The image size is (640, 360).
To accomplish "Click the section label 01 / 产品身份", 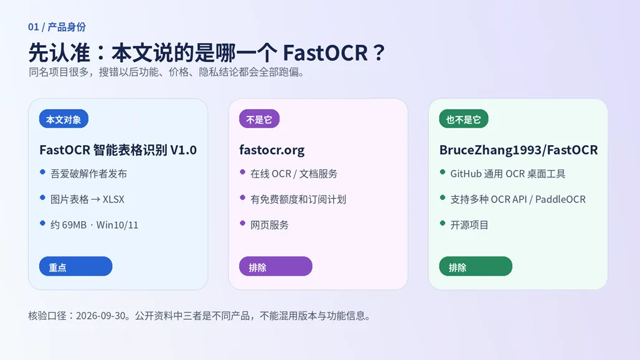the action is pyautogui.click(x=57, y=27).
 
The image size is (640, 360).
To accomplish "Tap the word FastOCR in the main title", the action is pyautogui.click(x=326, y=53).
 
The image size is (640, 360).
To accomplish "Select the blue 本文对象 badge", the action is pyautogui.click(x=64, y=119).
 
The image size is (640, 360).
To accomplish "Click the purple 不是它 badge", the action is pyautogui.click(x=259, y=119).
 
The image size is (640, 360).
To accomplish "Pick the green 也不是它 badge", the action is pyautogui.click(x=464, y=119).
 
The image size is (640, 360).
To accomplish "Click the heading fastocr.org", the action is pyautogui.click(x=272, y=150).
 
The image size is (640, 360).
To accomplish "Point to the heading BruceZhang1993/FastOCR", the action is pyautogui.click(x=519, y=150).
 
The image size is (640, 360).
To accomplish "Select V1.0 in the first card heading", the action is pyautogui.click(x=183, y=150).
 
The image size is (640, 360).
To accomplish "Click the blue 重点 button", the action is pyautogui.click(x=75, y=266).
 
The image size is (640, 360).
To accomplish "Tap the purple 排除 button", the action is pyautogui.click(x=276, y=266).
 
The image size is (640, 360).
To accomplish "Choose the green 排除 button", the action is pyautogui.click(x=476, y=266).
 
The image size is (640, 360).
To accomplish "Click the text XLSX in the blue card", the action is pyautogui.click(x=113, y=199).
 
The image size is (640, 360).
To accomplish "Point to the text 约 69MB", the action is pyautogui.click(x=68, y=225).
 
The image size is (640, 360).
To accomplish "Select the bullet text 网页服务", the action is pyautogui.click(x=270, y=225).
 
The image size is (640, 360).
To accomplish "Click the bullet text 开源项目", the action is pyautogui.click(x=469, y=225).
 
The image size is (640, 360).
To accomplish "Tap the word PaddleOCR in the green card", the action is pyautogui.click(x=560, y=199).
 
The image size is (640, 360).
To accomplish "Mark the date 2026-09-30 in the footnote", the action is pyautogui.click(x=100, y=316).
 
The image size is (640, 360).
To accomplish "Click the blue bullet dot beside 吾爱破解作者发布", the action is pyautogui.click(x=42, y=173).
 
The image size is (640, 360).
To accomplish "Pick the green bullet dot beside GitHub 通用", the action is pyautogui.click(x=443, y=173).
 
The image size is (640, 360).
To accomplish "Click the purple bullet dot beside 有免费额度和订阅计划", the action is pyautogui.click(x=242, y=198).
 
